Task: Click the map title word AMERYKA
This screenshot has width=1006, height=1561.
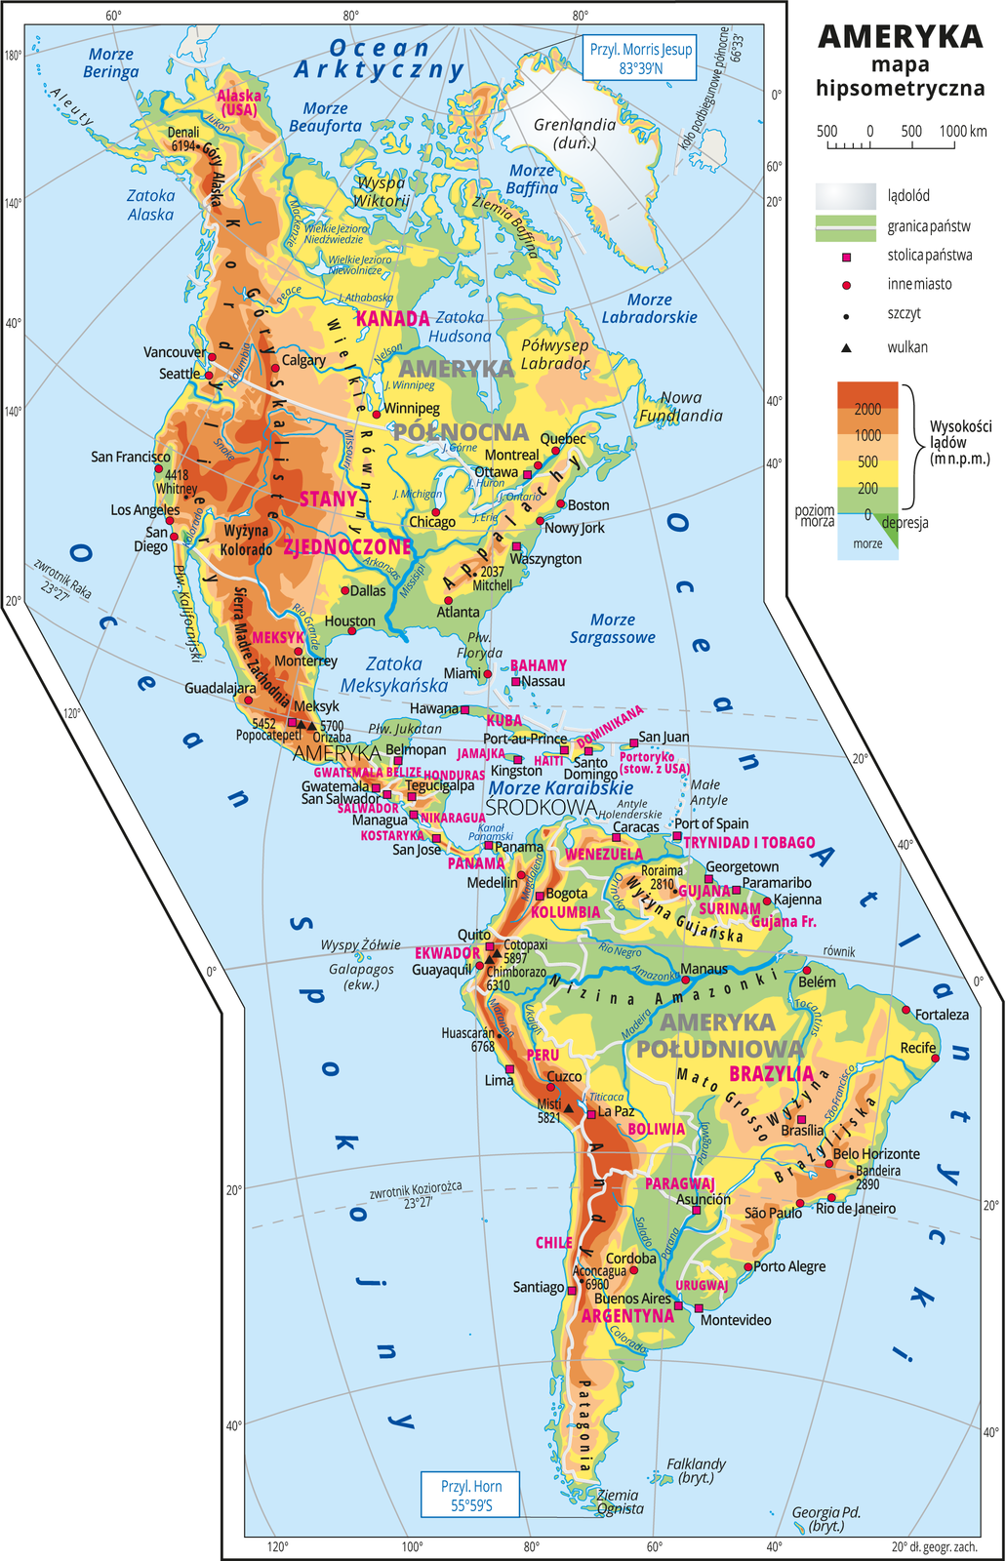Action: tap(900, 36)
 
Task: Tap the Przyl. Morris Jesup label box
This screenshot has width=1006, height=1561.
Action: tap(640, 59)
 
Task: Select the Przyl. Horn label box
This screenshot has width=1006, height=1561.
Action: tap(470, 1495)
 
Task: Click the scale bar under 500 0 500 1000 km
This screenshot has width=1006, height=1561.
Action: tap(891, 146)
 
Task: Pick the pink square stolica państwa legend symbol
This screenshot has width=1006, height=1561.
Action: tap(846, 256)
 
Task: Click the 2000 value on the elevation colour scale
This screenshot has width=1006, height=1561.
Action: tap(867, 409)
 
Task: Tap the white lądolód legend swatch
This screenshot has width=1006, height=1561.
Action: tap(845, 195)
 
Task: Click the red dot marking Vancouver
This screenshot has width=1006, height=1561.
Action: tap(212, 357)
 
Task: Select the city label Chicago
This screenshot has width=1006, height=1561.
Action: tap(432, 522)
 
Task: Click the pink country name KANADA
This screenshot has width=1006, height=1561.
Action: tap(392, 318)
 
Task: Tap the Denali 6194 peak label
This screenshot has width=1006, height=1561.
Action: tap(183, 139)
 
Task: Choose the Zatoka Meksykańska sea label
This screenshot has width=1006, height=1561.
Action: tap(394, 674)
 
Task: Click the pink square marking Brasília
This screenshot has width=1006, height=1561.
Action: tap(802, 1119)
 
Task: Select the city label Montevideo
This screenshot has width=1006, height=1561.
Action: tap(736, 1320)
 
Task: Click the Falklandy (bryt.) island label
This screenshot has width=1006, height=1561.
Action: tap(696, 1470)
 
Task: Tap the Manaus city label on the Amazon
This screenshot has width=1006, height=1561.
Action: tap(704, 969)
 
